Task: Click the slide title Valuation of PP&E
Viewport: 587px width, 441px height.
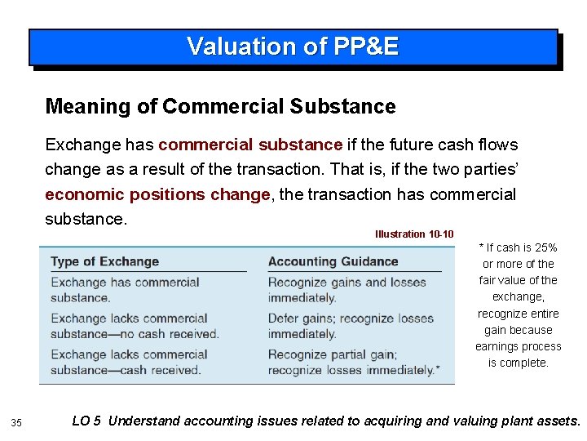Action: pyautogui.click(x=293, y=47)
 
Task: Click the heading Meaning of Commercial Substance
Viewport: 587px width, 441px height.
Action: pyautogui.click(x=220, y=106)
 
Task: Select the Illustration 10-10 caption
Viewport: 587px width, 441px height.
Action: pyautogui.click(x=414, y=234)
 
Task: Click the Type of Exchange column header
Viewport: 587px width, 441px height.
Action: pyautogui.click(x=104, y=262)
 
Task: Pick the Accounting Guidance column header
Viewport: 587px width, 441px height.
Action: pyautogui.click(x=333, y=262)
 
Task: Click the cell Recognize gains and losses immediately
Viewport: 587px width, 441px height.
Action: pyautogui.click(x=346, y=290)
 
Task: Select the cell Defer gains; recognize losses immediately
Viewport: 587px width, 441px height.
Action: pyautogui.click(x=346, y=326)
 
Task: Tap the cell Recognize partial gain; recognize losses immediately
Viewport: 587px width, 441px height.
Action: pyautogui.click(x=353, y=362)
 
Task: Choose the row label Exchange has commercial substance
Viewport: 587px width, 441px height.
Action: pyautogui.click(x=125, y=290)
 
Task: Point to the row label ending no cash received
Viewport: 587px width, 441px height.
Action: pyautogui.click(x=135, y=326)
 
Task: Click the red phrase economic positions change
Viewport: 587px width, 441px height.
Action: pyautogui.click(x=157, y=194)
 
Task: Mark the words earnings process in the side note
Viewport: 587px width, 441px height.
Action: pyautogui.click(x=518, y=346)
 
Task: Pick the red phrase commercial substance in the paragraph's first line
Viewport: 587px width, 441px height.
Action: pyautogui.click(x=250, y=145)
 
